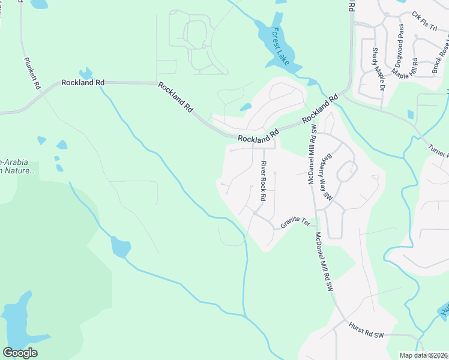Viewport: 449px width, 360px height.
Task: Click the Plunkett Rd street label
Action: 32,73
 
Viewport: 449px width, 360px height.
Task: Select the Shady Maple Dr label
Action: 378,70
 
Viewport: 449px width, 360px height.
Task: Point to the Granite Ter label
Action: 295,223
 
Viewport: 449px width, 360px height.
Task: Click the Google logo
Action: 20,353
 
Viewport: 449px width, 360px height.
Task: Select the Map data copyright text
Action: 423,355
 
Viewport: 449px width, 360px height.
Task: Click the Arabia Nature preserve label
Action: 18,166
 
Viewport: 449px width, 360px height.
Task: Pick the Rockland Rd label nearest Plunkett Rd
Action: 83,82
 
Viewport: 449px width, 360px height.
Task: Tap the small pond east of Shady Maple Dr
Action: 411,114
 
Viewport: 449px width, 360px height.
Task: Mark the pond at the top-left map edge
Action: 39,4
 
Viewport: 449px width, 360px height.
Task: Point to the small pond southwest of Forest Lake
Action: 246,108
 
